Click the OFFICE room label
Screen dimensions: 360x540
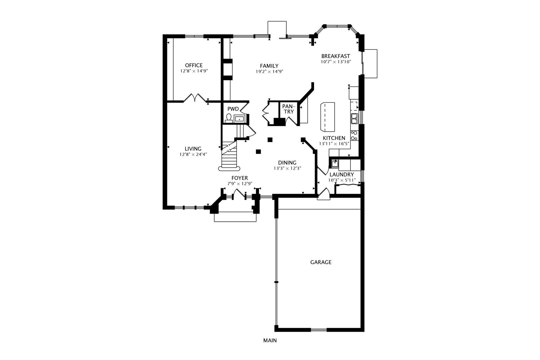(x=194, y=65)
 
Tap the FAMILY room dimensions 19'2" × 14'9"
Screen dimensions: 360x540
(x=269, y=71)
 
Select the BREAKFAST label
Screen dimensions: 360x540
(x=335, y=56)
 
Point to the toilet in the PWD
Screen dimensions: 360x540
(x=229, y=118)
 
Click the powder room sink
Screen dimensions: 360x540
(x=239, y=119)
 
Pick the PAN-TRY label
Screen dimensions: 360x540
(x=289, y=109)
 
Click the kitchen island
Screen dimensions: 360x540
(x=328, y=117)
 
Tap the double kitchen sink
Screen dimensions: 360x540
(x=354, y=118)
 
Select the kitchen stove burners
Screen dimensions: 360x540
(x=354, y=135)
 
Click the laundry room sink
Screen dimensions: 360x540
(x=334, y=164)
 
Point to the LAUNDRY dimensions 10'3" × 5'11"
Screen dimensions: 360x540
(x=342, y=180)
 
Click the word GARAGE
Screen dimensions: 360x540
(x=321, y=262)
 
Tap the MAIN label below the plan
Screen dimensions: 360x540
(x=270, y=341)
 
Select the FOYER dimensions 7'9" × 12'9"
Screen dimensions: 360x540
(x=240, y=184)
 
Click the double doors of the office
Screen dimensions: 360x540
(x=195, y=98)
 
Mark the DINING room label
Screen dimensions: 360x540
(x=287, y=163)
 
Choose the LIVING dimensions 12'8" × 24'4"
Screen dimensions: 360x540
(x=193, y=154)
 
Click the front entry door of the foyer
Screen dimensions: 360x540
(x=239, y=194)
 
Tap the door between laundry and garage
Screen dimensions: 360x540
(x=323, y=195)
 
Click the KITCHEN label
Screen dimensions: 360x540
(x=334, y=138)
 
